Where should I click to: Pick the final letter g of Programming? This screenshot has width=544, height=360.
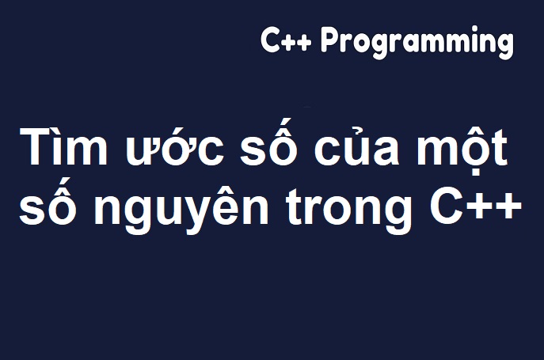(x=504, y=47)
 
